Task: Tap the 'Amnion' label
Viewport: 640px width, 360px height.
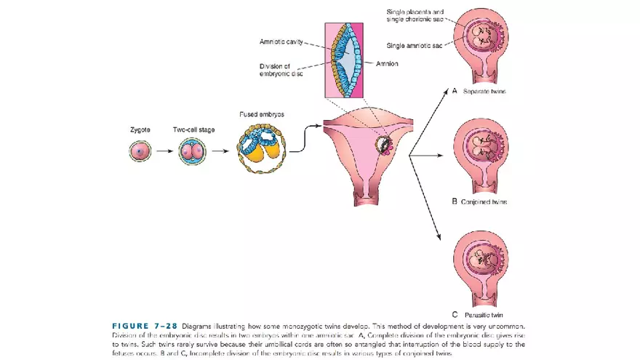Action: point(386,63)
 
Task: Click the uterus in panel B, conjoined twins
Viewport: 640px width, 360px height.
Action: point(480,149)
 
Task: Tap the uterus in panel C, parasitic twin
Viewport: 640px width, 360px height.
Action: point(480,262)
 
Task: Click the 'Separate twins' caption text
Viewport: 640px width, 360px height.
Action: point(484,92)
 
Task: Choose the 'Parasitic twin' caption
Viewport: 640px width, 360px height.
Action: point(483,315)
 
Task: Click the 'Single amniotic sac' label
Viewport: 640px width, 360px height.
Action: point(413,45)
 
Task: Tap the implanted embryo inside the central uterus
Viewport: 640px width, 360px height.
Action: point(383,145)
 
